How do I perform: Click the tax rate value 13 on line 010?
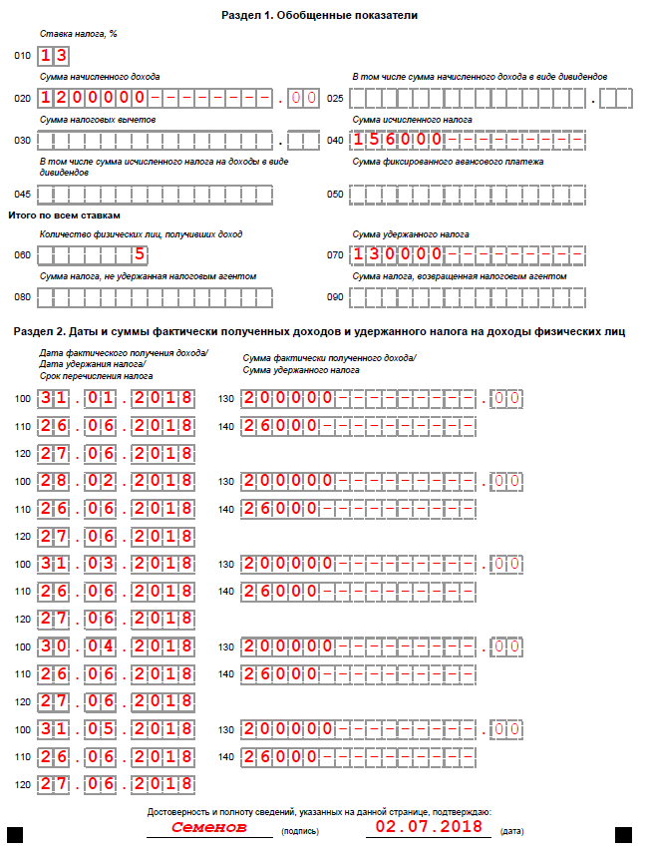54,56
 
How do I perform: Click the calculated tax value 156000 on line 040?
399,140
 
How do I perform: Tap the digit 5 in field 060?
141,253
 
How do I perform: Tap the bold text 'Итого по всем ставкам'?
64,214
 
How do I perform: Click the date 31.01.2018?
117,399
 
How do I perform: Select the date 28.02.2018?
117,481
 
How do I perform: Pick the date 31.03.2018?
117,564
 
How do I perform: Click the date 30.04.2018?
117,645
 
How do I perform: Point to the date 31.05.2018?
117,728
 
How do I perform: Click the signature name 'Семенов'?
208,827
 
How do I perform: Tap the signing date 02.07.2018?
429,827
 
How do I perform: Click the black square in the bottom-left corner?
16,834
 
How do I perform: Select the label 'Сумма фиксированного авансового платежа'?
448,162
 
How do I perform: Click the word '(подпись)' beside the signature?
301,830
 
